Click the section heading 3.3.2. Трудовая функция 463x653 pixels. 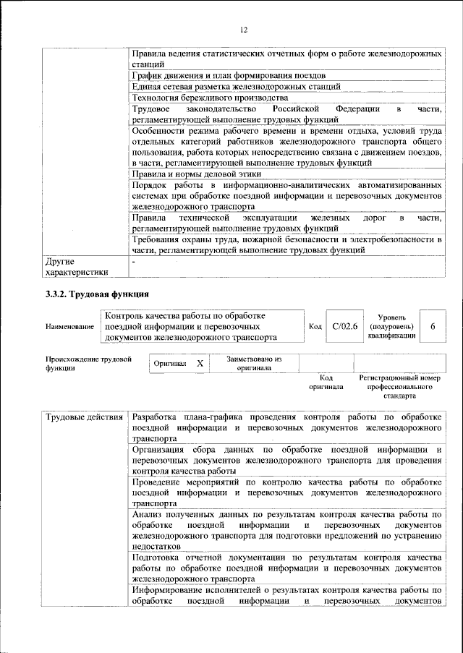pos(97,294)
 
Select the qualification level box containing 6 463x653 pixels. pos(432,327)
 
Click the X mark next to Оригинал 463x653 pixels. pos(200,363)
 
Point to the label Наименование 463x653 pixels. pos(69,328)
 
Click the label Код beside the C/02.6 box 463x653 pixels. pos(315,327)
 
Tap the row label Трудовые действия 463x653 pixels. pos(82,418)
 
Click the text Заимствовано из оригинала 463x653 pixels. pos(253,363)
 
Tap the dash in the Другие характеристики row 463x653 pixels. pos(134,261)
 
